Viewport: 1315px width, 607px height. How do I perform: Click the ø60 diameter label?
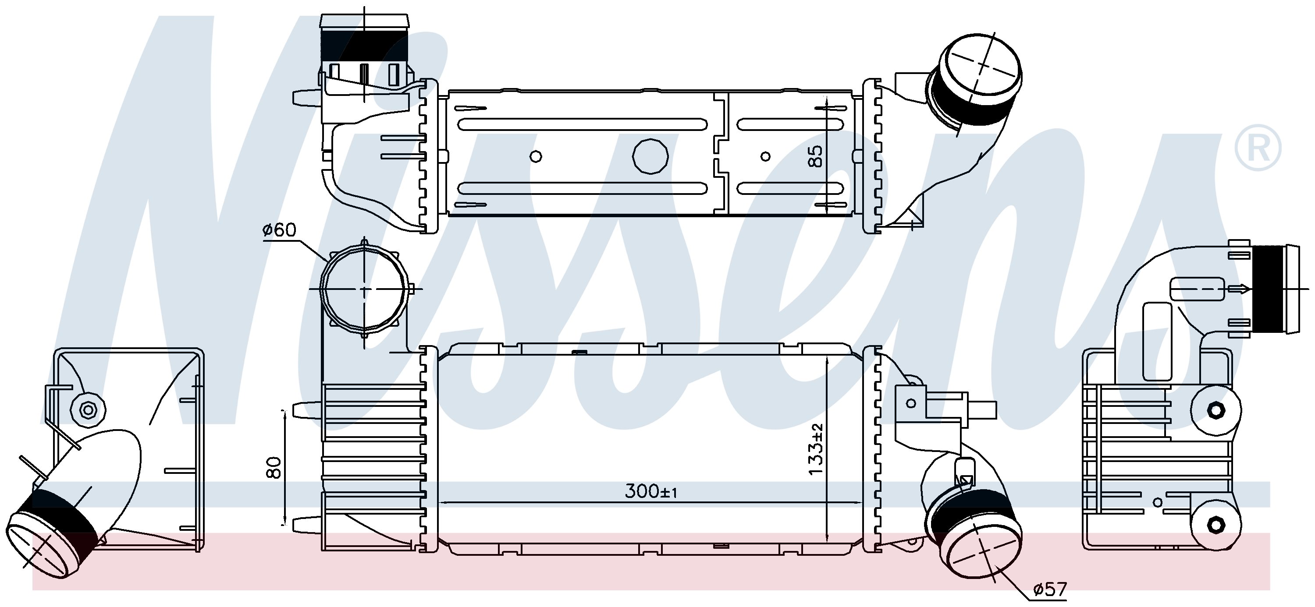279,230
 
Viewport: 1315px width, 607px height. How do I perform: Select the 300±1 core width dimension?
651,491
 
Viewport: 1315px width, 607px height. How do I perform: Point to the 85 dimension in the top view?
816,156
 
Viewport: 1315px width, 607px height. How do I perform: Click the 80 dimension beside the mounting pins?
274,467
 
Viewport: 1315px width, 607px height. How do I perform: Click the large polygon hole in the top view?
650,155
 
